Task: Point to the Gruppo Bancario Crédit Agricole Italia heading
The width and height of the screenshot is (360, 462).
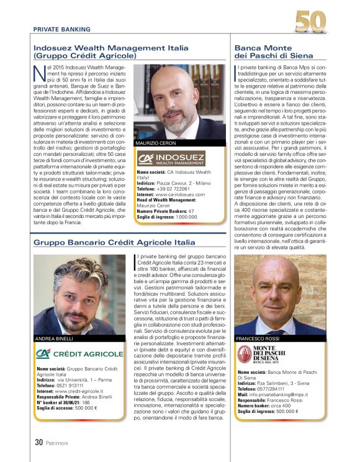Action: (x=114, y=242)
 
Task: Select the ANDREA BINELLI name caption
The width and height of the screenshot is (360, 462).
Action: (x=55, y=338)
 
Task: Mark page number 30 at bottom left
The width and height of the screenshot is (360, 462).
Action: (x=38, y=443)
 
